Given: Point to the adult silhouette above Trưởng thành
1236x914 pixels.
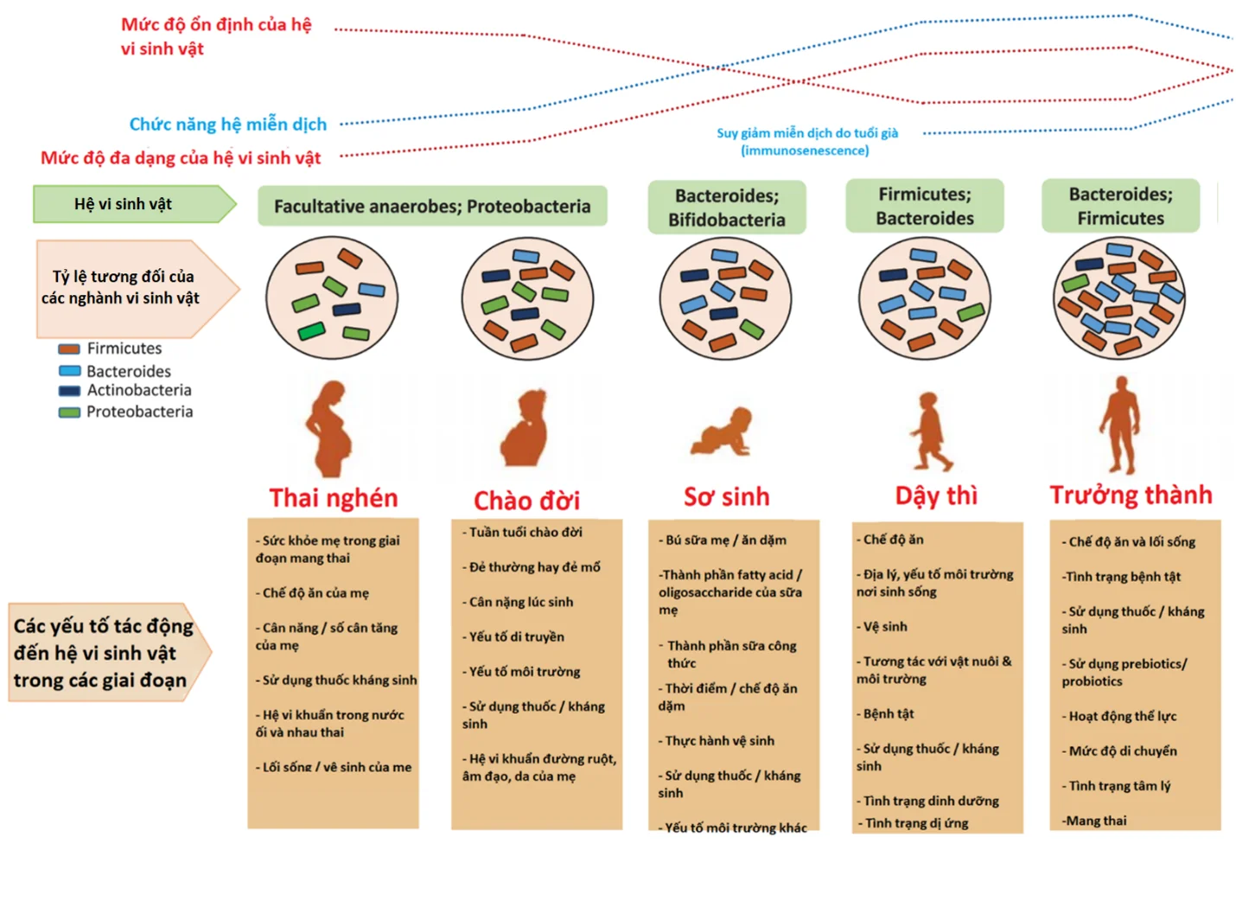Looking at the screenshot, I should pos(1121,425).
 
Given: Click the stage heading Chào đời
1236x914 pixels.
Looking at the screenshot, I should pos(526,501).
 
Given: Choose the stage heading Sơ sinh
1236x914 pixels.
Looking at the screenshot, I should pos(726,497).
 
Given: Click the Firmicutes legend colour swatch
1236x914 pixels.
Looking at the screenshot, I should pos(69,349).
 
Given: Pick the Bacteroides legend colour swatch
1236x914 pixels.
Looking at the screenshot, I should pos(69,371).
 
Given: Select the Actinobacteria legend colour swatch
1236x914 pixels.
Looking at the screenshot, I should pos(69,391).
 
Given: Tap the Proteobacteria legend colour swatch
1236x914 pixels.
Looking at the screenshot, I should pos(69,412).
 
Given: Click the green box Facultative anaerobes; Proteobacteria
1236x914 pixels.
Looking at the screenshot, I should pos(432,207).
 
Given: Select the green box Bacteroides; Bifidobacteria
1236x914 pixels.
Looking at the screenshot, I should pos(727,208).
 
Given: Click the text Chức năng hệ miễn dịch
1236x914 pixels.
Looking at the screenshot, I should pos(228,125).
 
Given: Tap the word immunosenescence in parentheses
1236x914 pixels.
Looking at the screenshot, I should pos(805,150).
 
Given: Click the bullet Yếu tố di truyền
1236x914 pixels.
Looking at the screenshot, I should pos(516,636).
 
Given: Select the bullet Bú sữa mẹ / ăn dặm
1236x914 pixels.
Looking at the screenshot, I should pos(725,540).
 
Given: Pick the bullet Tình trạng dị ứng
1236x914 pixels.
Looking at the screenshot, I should pos(916,823).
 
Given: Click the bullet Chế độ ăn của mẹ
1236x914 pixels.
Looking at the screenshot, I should pos(315,593).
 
